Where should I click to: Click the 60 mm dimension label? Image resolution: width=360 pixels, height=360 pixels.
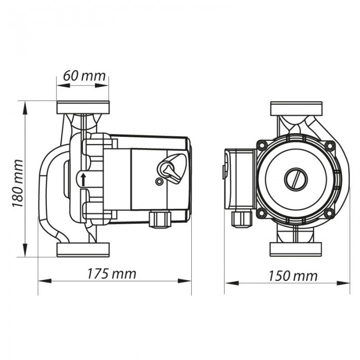[84, 76]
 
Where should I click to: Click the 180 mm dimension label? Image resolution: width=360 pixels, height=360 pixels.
[17, 183]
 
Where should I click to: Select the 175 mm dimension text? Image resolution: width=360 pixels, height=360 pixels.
[112, 274]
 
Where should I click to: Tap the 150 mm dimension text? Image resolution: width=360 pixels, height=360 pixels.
[293, 276]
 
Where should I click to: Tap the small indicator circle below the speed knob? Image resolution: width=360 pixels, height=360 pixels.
[158, 182]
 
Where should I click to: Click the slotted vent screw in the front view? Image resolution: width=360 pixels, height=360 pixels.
[296, 179]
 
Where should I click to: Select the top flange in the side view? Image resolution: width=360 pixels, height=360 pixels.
[83, 107]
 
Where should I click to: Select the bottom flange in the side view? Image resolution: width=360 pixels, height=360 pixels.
[83, 250]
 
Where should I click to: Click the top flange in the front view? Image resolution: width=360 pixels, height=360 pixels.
[296, 109]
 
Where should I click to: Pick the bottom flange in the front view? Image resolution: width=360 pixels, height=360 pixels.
[296, 249]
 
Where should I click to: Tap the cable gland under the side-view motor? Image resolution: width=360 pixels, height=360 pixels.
[160, 220]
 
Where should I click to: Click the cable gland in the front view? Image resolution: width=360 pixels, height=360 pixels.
[242, 219]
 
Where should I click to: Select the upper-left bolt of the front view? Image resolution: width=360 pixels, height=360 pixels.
[262, 146]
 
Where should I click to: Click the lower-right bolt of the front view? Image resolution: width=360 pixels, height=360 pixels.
[330, 213]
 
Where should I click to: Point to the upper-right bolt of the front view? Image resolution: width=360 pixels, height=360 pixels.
[330, 146]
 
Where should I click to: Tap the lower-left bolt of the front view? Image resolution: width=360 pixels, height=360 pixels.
[262, 213]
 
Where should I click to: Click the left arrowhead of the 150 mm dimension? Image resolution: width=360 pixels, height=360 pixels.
[231, 283]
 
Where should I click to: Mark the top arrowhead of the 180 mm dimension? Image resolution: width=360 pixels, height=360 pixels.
[25, 108]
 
